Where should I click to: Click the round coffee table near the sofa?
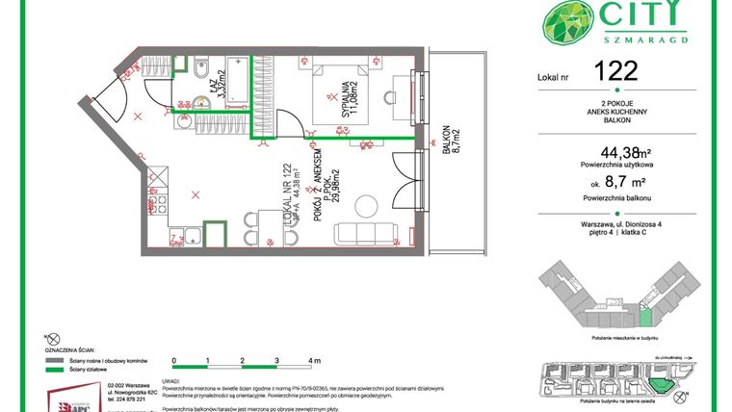tap(366, 205)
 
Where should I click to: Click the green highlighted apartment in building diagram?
tap(645, 315)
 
